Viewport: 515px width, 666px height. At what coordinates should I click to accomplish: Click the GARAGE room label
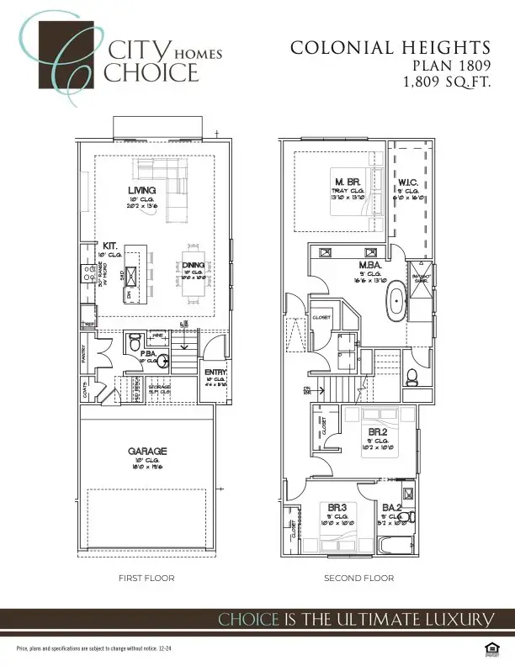[147, 452]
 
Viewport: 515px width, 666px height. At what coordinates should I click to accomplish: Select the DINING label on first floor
[193, 266]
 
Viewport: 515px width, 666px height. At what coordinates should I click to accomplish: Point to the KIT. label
[110, 246]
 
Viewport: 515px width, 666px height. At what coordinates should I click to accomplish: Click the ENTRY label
[216, 372]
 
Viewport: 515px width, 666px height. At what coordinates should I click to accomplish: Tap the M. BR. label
[345, 182]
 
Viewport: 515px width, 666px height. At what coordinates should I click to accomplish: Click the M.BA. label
[370, 264]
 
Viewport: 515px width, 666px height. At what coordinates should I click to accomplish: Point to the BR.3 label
[337, 507]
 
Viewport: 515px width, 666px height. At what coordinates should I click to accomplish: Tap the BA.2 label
[391, 507]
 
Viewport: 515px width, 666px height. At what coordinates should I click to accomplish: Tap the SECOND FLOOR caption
[359, 579]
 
